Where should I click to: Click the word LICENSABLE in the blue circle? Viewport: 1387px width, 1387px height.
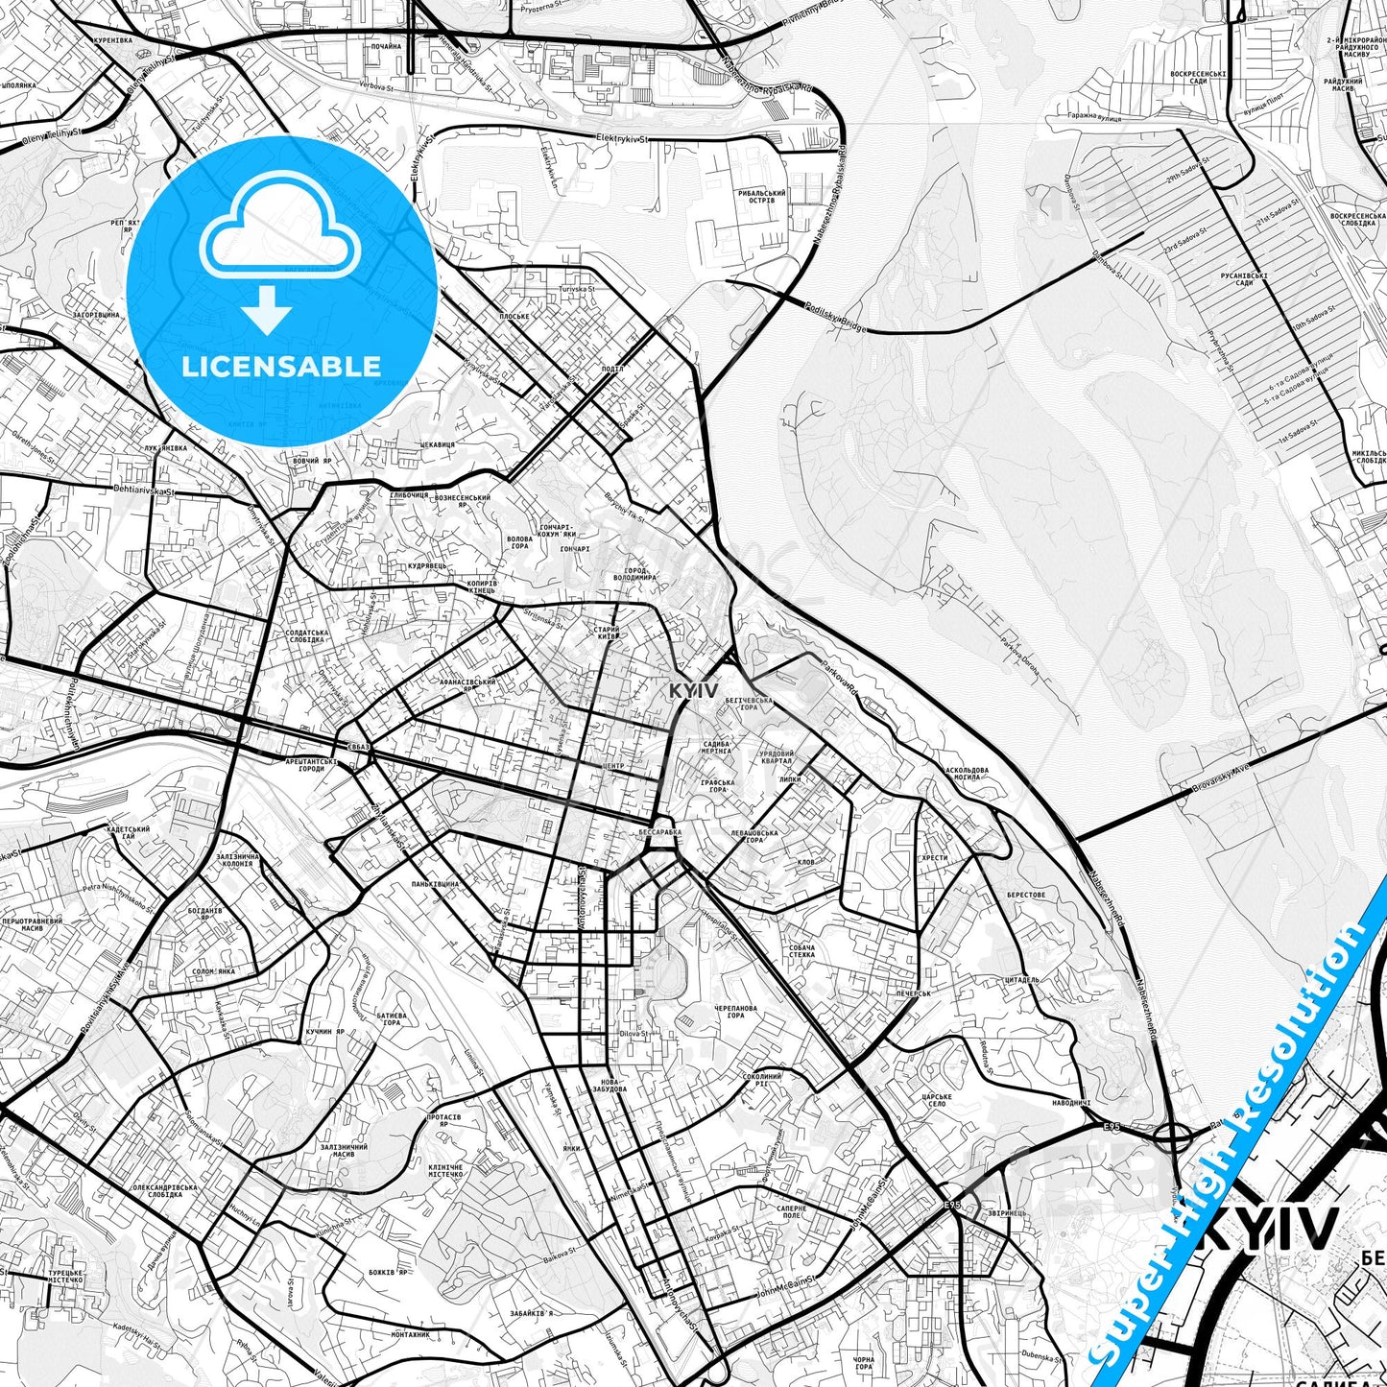point(280,366)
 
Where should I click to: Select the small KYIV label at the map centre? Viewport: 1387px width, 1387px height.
point(693,691)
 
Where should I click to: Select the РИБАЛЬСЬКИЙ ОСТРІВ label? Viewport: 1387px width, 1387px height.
point(763,198)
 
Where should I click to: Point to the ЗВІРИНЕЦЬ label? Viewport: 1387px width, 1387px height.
point(1006,1213)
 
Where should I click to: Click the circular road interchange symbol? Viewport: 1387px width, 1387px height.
point(1172,1138)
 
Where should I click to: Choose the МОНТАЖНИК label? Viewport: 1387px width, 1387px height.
point(410,1335)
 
